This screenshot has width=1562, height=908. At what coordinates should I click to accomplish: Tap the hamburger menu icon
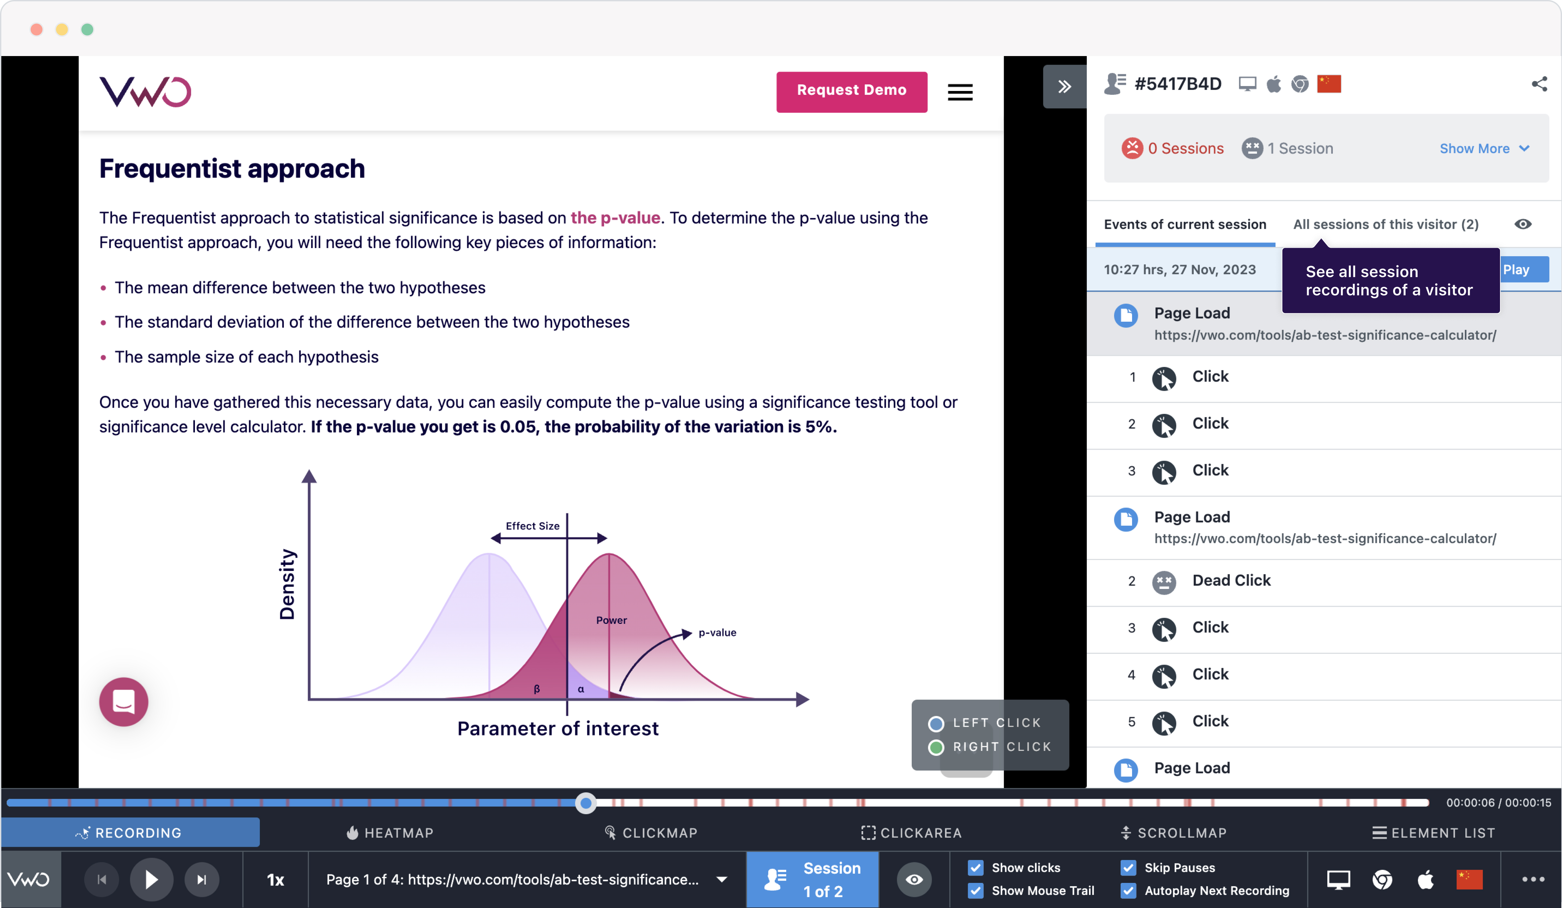pyautogui.click(x=960, y=92)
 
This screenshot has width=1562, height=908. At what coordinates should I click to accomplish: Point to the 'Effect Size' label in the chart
pyautogui.click(x=532, y=526)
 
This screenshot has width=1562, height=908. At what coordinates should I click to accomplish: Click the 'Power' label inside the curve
pyautogui.click(x=611, y=620)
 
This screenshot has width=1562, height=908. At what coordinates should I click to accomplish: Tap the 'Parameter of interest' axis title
pyautogui.click(x=557, y=728)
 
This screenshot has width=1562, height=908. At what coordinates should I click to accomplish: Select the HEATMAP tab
pyautogui.click(x=390, y=832)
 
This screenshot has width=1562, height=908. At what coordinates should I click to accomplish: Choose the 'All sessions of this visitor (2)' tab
pyautogui.click(x=1385, y=224)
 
